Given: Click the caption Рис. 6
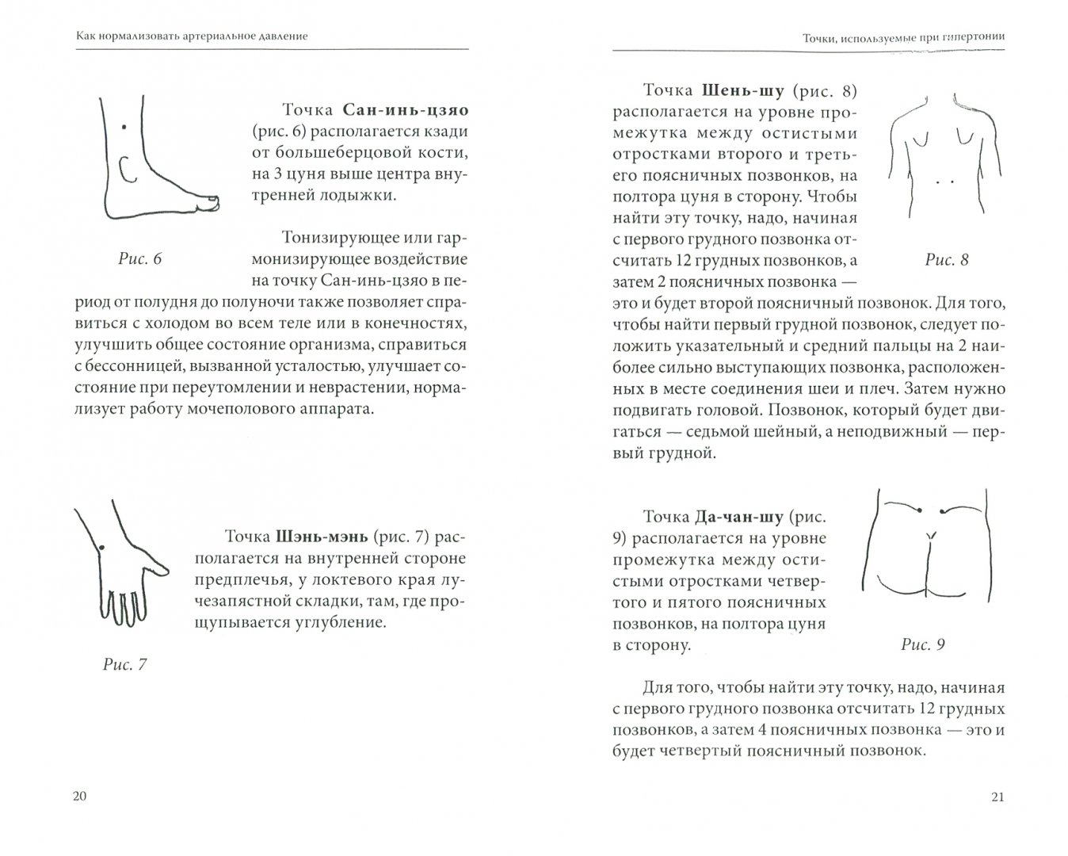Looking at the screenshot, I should click(139, 259).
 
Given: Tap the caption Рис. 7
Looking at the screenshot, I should click(125, 664).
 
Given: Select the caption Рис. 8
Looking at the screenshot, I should click(947, 260).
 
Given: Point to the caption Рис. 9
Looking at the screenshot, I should click(923, 644).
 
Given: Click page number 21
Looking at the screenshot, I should click(997, 797).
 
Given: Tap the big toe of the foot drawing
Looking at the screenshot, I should click(212, 202).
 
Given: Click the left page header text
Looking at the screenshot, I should click(175, 36).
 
